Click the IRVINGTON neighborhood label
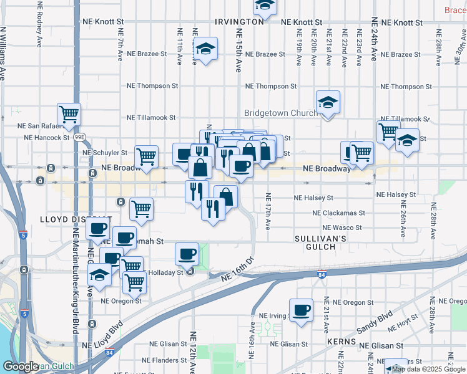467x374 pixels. [239, 21]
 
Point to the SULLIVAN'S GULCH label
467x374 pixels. [320, 242]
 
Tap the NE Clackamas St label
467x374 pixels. [338, 213]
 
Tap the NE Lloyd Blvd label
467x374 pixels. [107, 333]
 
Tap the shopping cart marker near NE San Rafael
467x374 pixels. [69, 114]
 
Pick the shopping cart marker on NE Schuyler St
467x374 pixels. [146, 157]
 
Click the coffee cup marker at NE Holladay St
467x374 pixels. [187, 254]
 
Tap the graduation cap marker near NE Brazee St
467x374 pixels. [205, 49]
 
